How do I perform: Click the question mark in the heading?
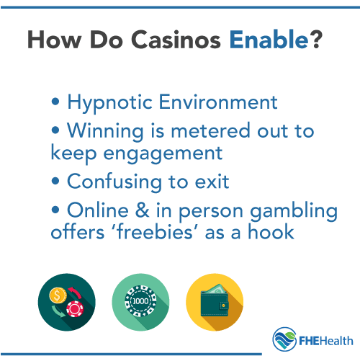coord(314,40)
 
